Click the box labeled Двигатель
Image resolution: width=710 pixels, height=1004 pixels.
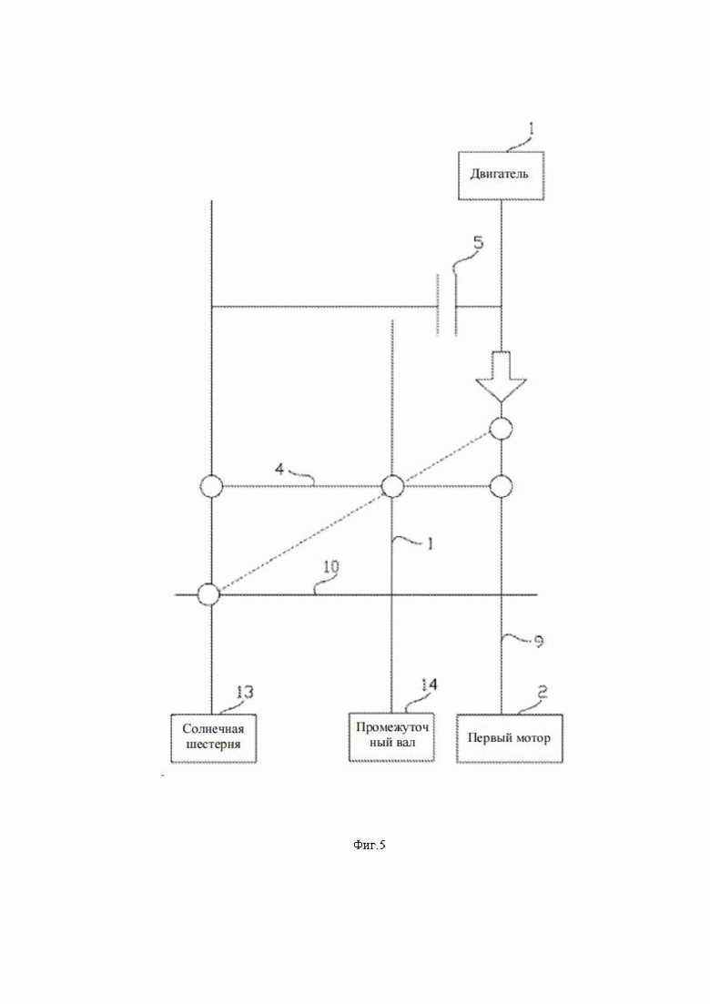pos(501,176)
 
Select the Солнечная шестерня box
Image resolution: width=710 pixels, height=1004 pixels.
pos(213,737)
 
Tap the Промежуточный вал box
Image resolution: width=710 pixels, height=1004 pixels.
pos(391,736)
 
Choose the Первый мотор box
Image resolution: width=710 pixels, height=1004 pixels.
pos(510,737)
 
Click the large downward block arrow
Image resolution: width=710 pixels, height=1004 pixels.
pos(501,377)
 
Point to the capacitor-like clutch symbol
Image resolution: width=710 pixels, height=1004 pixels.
pos(447,306)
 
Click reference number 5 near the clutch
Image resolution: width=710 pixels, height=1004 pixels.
pos(478,243)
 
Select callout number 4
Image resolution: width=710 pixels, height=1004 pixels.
pos(279,470)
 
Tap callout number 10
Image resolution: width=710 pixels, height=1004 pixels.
pos(331,567)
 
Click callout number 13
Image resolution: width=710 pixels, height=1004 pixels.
pos(245,692)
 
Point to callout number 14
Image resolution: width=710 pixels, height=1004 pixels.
pos(429,685)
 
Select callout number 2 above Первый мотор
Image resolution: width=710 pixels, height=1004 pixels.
pos(542,692)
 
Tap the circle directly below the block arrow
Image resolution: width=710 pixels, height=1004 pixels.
pos(501,429)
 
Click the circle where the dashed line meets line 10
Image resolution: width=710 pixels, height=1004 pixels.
pos(208,594)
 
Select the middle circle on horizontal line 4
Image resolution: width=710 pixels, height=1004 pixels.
pos(392,487)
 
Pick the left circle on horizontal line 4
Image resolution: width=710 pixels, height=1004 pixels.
pos(212,487)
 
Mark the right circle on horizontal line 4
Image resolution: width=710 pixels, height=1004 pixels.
pos(501,487)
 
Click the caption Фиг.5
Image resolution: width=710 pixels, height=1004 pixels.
pos(370,846)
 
